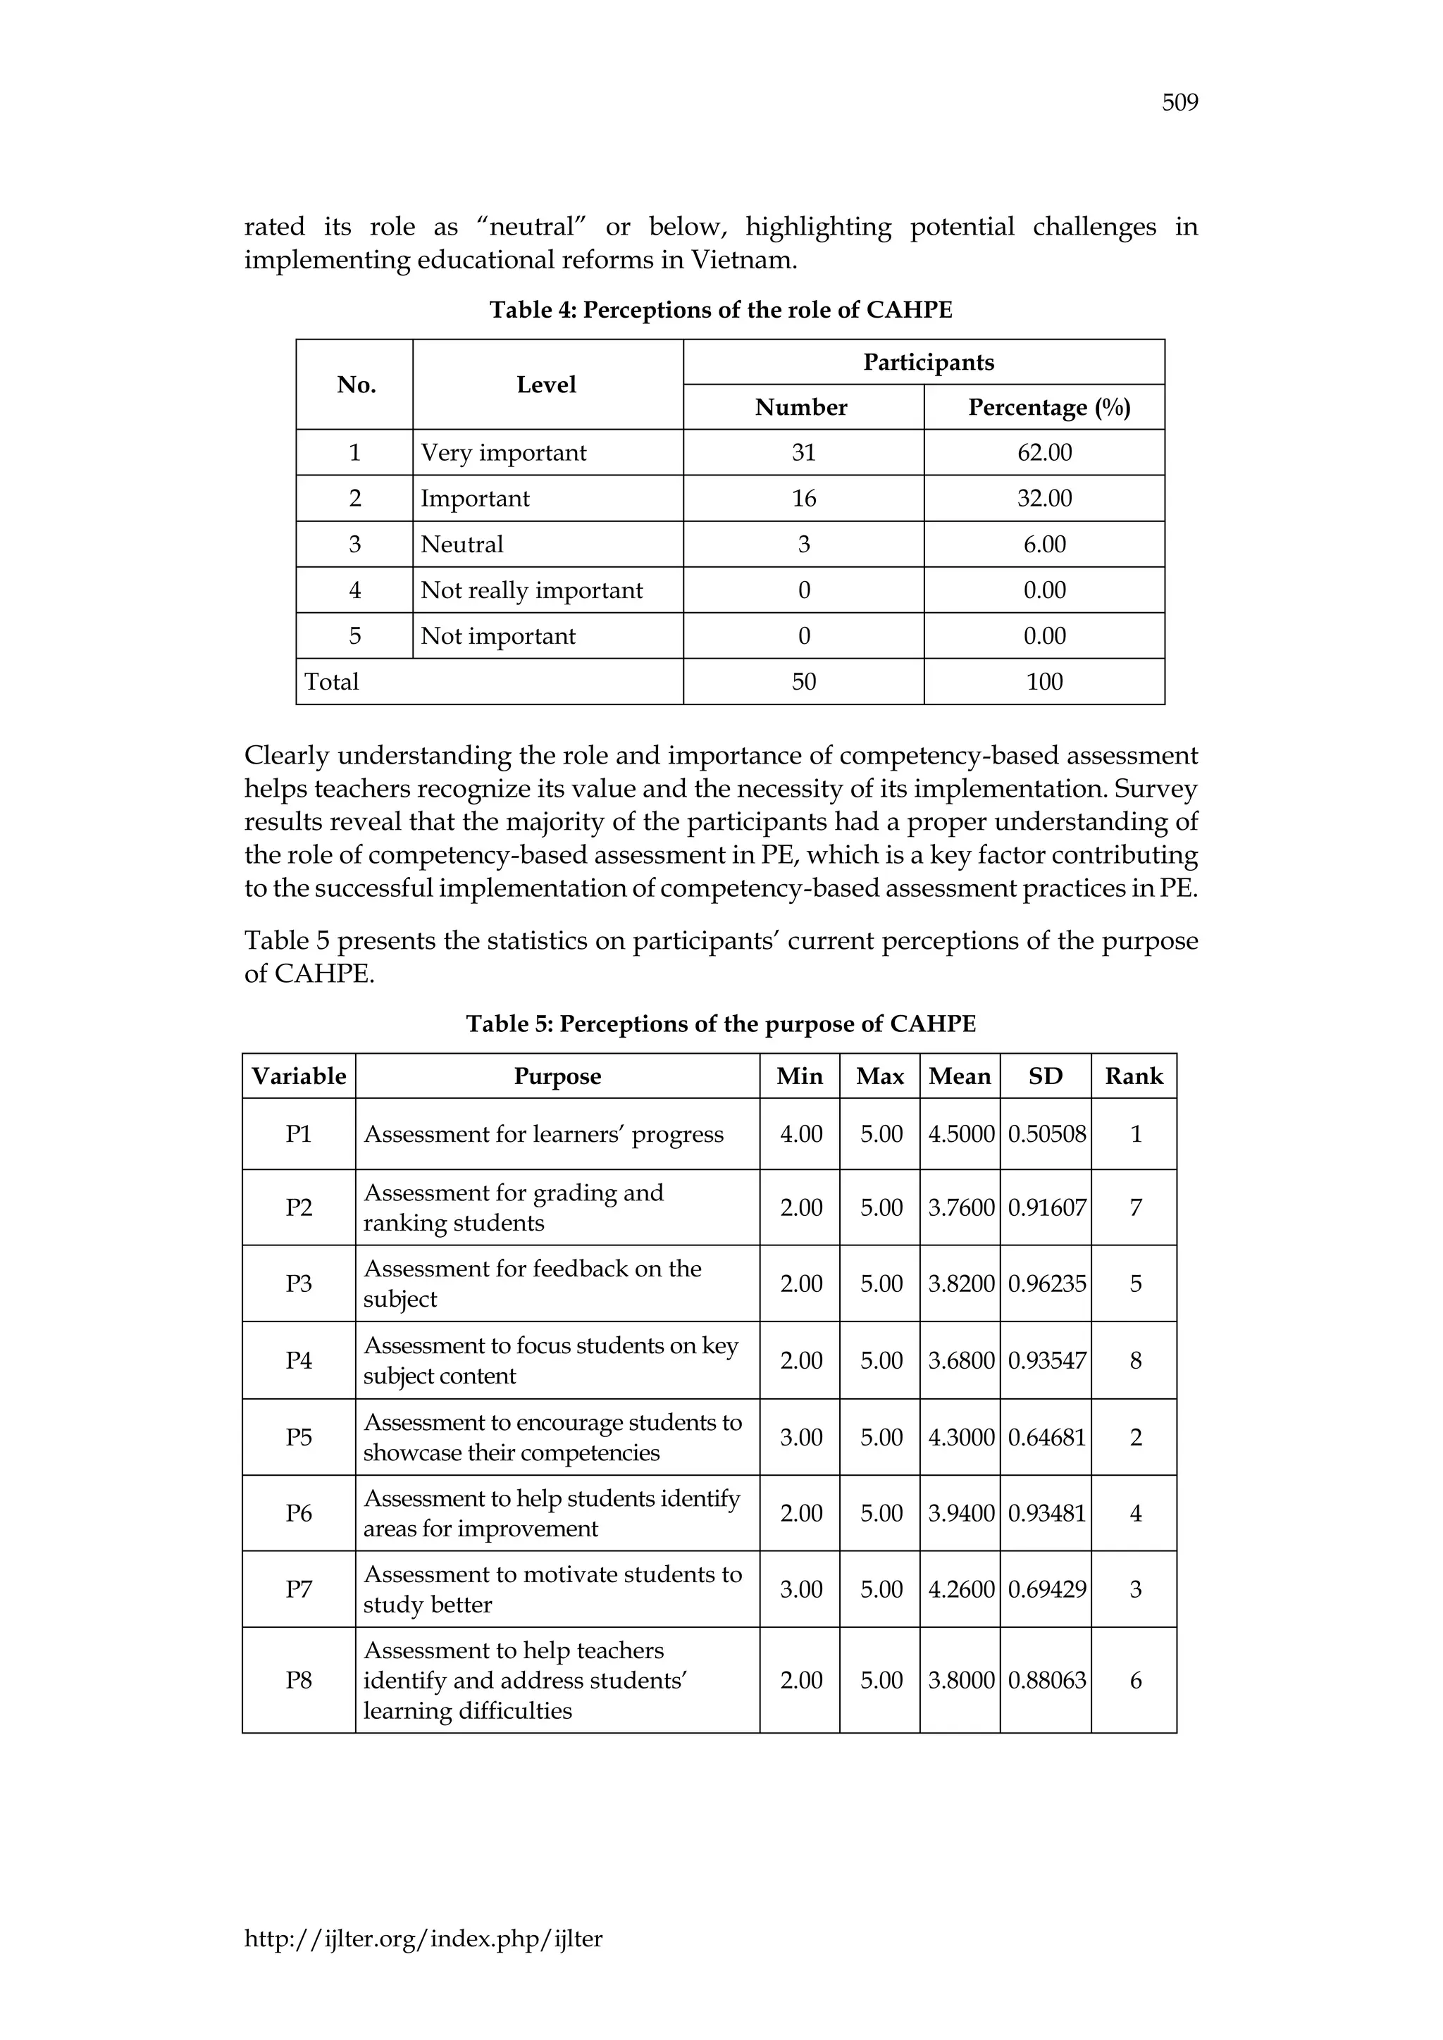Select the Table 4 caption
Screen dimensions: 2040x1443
coord(721,310)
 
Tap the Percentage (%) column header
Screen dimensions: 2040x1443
coord(1048,408)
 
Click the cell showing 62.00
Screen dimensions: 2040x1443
coord(1044,453)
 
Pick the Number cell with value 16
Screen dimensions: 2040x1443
coord(803,499)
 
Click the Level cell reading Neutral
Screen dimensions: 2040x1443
coord(462,545)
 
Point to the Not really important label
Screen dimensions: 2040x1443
coord(531,591)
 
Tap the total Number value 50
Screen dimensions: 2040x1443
coord(803,683)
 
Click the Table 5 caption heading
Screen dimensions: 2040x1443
coord(721,1024)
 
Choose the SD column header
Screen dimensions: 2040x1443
coord(1045,1077)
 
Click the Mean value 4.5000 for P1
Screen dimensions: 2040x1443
coord(960,1135)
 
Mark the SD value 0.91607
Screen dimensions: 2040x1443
coord(1046,1208)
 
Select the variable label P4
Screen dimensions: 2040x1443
coord(299,1361)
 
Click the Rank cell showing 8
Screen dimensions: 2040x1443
coord(1134,1361)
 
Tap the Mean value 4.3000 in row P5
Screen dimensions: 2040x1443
coord(960,1438)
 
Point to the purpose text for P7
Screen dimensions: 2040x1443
coord(552,1590)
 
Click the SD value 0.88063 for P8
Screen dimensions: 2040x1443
coord(1046,1680)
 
